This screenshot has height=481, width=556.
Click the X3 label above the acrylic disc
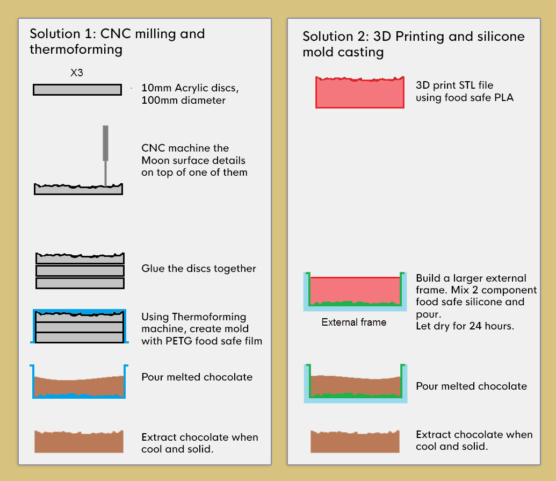tap(77, 73)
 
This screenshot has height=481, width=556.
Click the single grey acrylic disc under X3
tap(77, 90)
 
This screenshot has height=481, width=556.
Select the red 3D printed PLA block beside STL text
tap(360, 92)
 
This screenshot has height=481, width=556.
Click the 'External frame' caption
tap(354, 322)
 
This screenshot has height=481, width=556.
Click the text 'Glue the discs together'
tap(199, 269)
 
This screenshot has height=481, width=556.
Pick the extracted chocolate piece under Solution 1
tap(79, 442)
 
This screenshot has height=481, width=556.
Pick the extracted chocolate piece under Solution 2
tap(355, 442)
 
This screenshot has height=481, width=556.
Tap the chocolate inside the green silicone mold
tap(355, 385)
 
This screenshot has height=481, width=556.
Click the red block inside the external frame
tap(355, 290)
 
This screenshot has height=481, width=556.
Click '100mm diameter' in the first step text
tap(183, 100)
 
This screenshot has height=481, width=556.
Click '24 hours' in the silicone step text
tap(492, 326)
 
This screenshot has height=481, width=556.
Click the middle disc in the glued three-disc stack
tap(80, 271)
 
